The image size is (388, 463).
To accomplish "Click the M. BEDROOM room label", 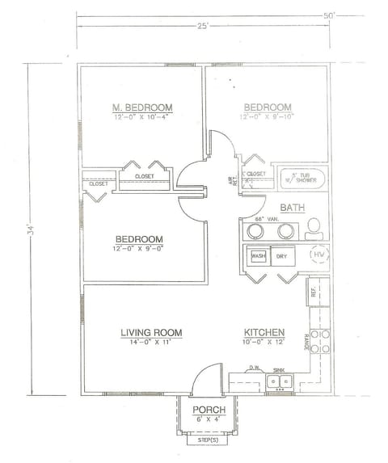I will click(x=141, y=108).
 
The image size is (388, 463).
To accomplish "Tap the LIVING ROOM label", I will click(x=151, y=332).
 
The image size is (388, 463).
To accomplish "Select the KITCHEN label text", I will click(x=264, y=332).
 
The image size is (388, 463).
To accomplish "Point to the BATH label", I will click(x=291, y=208).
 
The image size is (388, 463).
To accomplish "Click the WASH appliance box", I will click(x=258, y=256).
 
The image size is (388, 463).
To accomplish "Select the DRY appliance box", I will click(x=282, y=256).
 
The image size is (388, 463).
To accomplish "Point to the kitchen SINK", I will click(x=279, y=379).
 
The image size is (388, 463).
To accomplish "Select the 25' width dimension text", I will click(x=203, y=27).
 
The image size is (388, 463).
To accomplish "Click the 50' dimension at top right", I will click(x=329, y=15).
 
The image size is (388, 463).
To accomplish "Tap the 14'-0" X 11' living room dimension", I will click(x=151, y=343).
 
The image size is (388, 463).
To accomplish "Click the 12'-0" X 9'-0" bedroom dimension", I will click(x=139, y=249).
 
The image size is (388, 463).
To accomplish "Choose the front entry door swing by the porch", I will click(x=207, y=378).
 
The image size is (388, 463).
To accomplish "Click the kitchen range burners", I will click(x=319, y=343).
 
